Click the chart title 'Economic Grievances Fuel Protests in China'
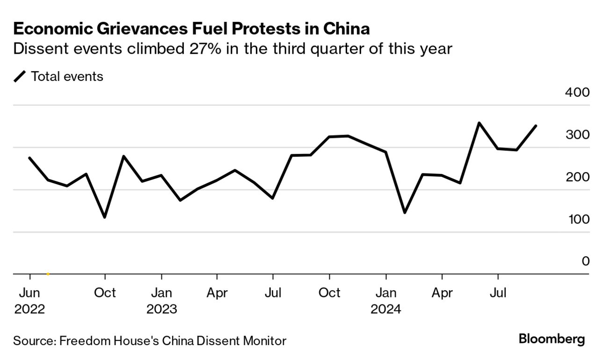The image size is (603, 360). click(191, 29)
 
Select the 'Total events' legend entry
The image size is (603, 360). click(66, 76)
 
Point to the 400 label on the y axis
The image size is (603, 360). click(577, 92)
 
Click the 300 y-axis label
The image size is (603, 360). click(577, 135)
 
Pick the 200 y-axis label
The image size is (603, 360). click(577, 177)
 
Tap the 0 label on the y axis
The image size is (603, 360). click(585, 261)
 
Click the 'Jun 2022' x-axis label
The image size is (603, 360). click(29, 301)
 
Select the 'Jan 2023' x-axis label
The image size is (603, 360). click(161, 301)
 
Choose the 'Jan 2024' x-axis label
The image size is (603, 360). click(386, 301)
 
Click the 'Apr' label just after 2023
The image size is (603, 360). click(217, 293)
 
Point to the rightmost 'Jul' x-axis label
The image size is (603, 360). click(498, 293)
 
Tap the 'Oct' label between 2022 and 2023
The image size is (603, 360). click(105, 293)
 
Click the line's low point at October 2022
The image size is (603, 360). click(105, 217)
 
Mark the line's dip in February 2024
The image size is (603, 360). click(404, 213)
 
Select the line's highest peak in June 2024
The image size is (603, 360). click(479, 123)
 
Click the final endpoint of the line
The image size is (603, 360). click(536, 126)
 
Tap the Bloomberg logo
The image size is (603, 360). click(552, 339)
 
